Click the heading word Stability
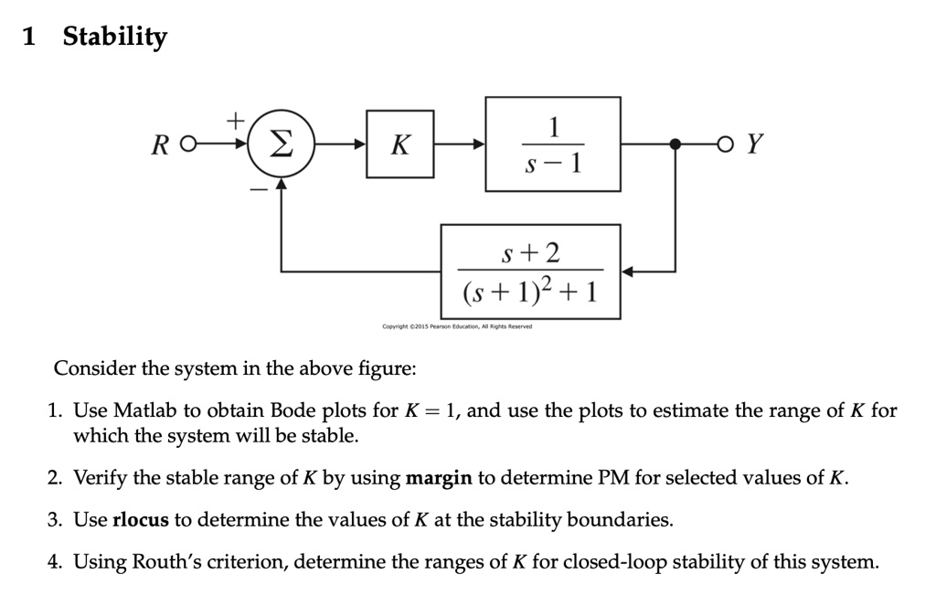(114, 37)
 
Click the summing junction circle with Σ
(282, 144)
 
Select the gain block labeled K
(399, 144)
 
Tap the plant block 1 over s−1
(552, 144)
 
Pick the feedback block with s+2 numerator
(530, 272)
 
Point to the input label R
(162, 144)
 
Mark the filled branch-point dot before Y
(675, 144)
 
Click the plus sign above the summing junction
(235, 120)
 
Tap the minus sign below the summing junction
(257, 189)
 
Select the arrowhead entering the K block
(359, 144)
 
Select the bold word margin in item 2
(439, 478)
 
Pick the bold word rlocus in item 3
(141, 521)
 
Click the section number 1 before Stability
(29, 37)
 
